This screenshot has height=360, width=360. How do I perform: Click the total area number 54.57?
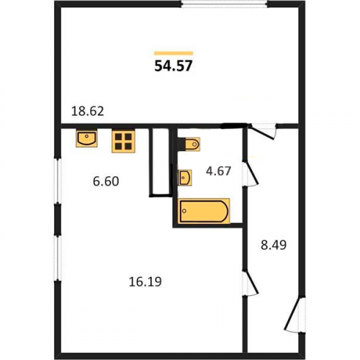click(174, 66)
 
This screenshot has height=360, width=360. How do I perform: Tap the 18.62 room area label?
click(88, 112)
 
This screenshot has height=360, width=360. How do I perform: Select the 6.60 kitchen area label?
click(106, 181)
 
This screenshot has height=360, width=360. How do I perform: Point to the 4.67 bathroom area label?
click(218, 171)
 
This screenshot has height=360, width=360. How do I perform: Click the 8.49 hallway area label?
click(274, 246)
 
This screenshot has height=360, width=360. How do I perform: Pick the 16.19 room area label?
click(145, 282)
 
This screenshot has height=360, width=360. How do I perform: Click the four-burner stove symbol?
click(123, 141)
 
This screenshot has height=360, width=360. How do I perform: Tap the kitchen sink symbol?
click(86, 138)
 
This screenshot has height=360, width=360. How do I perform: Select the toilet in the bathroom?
click(189, 144)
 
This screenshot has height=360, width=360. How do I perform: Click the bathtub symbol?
click(204, 211)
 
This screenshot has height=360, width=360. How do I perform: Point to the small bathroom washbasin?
click(184, 178)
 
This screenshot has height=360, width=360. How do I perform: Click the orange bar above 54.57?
click(174, 53)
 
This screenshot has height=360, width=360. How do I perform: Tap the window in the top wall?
click(224, 4)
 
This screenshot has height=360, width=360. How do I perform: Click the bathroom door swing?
click(250, 174)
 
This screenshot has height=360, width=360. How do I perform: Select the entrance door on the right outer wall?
click(295, 315)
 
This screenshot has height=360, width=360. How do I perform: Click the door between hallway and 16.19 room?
click(250, 283)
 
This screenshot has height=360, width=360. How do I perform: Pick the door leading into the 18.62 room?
click(263, 131)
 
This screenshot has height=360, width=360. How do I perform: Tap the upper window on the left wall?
click(58, 181)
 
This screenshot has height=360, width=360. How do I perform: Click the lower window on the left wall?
click(58, 258)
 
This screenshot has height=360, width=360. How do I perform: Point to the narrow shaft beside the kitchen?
click(161, 162)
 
